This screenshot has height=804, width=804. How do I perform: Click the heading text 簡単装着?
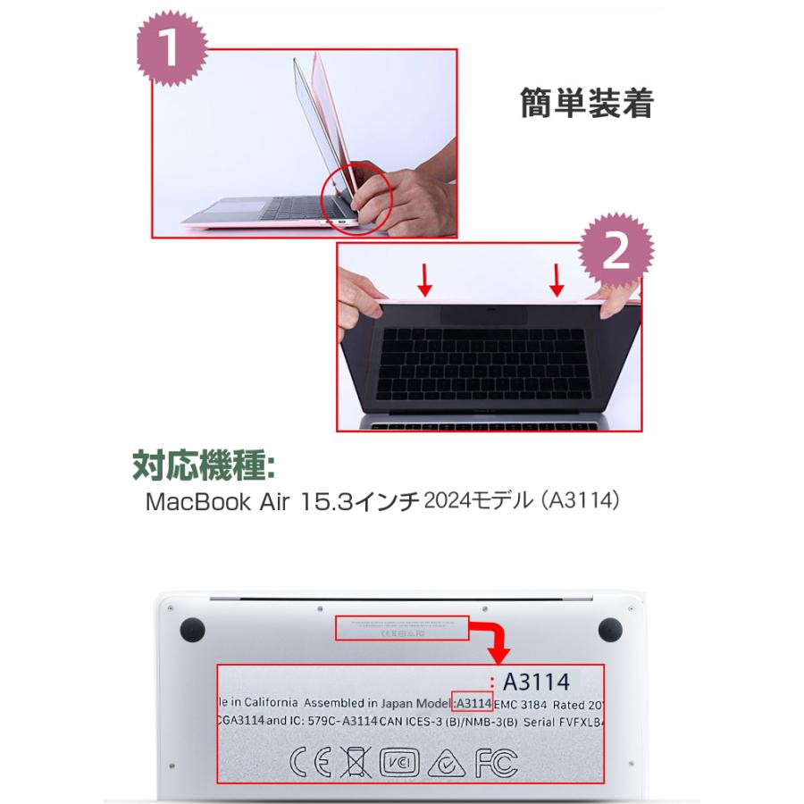click(586, 105)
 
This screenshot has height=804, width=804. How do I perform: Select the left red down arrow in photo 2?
click(426, 281)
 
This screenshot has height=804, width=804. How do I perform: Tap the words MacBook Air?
click(206, 502)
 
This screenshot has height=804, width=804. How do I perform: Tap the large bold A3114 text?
click(536, 683)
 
